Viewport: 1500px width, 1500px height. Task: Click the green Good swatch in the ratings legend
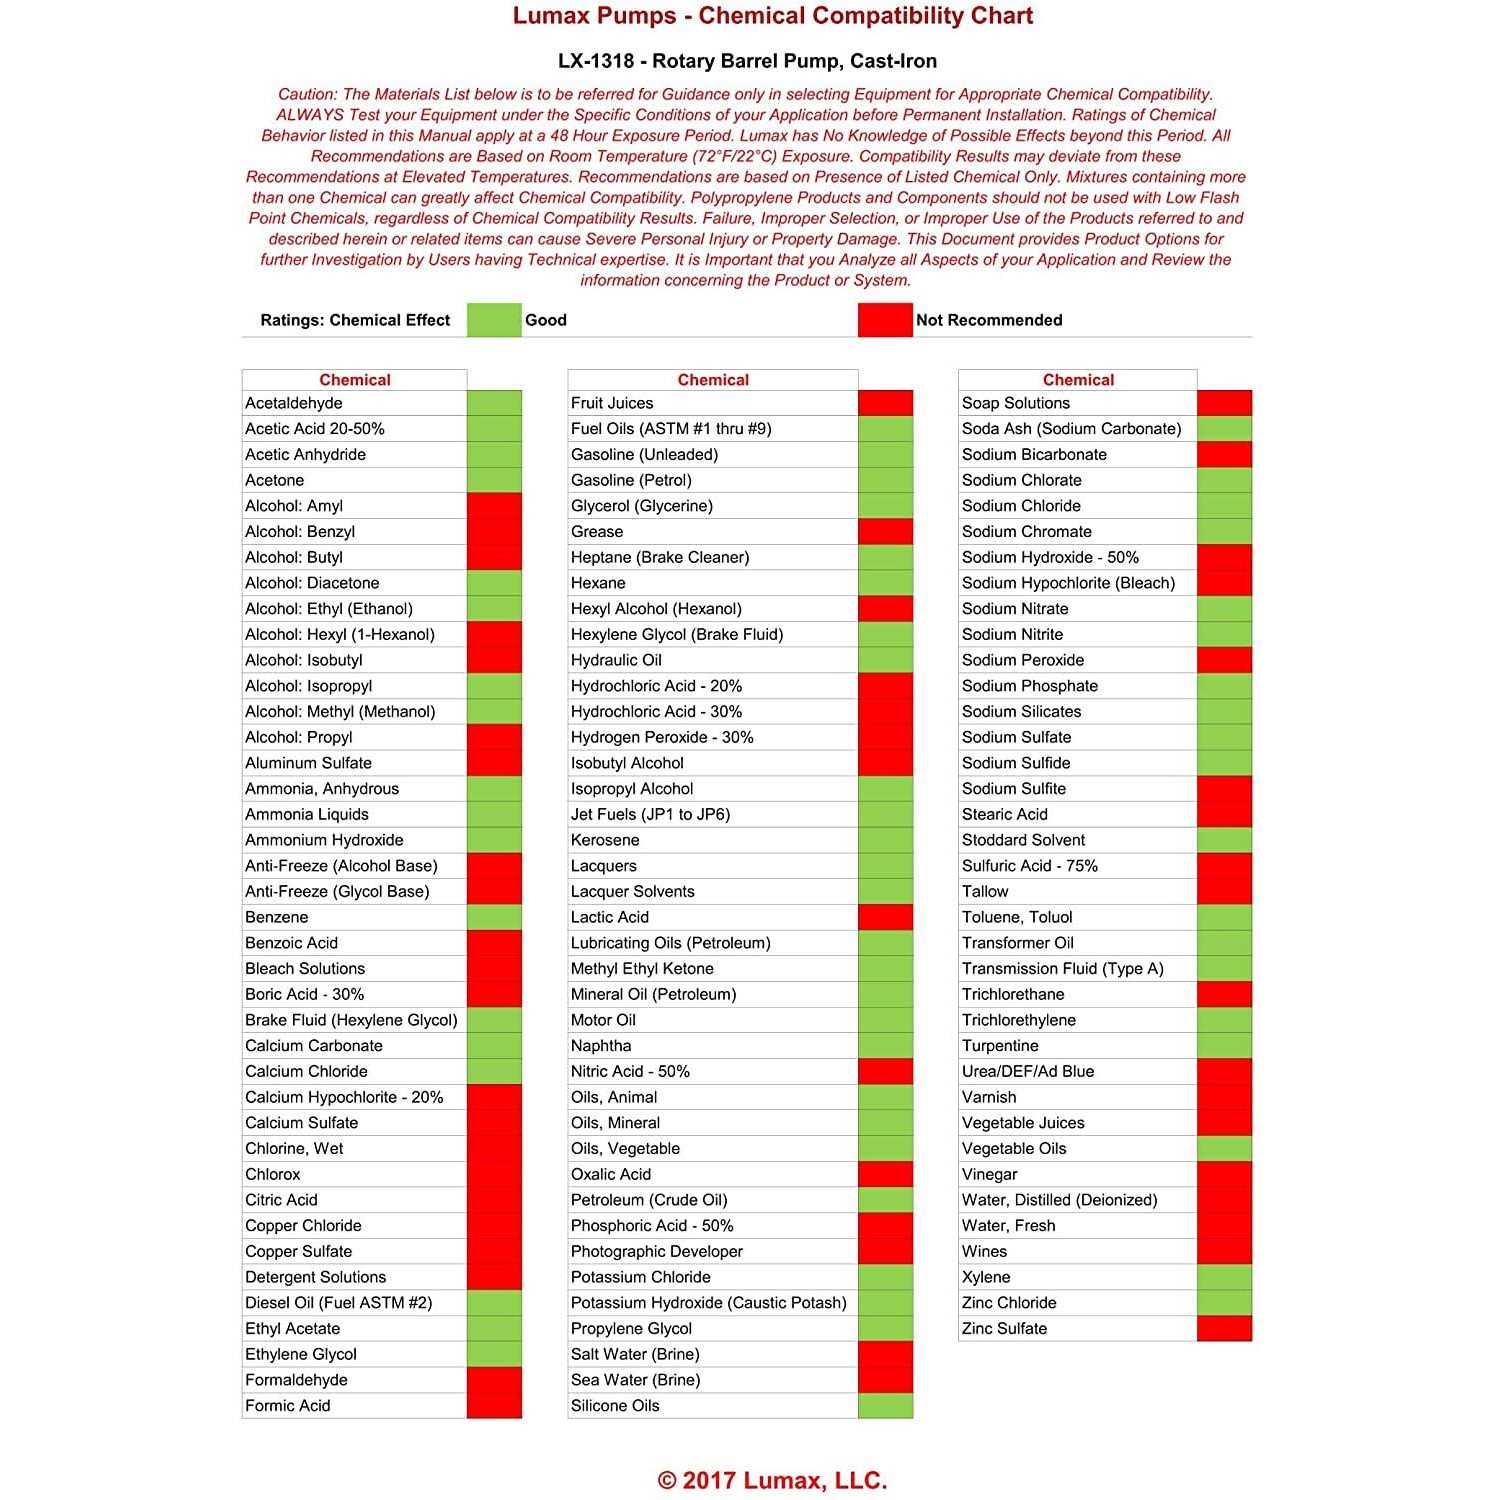pos(494,320)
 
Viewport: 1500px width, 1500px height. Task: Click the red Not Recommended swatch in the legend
pos(885,320)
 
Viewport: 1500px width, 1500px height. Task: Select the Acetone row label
pos(275,480)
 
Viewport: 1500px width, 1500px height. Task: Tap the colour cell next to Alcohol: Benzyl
pos(494,532)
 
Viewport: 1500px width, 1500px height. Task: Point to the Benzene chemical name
pos(277,917)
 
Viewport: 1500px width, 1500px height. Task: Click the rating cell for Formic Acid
pos(494,1406)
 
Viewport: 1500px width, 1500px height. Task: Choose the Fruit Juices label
pos(612,403)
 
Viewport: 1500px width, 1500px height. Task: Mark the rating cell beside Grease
pos(885,532)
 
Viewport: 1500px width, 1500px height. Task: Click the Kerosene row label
pos(605,840)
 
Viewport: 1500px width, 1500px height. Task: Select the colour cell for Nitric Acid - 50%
pos(885,1072)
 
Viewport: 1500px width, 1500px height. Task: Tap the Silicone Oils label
pos(615,1406)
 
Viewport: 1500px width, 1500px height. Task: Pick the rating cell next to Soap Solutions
pos(1224,403)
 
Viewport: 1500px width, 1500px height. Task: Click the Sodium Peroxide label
pos(1023,660)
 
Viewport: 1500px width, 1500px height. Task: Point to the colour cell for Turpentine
pos(1224,1046)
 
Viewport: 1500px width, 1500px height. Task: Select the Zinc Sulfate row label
pos(1005,1329)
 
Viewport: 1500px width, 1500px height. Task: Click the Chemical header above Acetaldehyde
pos(355,380)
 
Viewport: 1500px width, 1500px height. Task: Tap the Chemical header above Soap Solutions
pos(1078,380)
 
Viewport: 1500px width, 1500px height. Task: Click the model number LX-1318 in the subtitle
pos(596,61)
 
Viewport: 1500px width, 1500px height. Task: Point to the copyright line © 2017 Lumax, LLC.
pos(772,1481)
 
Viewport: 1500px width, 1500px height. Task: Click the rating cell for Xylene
pos(1224,1277)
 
